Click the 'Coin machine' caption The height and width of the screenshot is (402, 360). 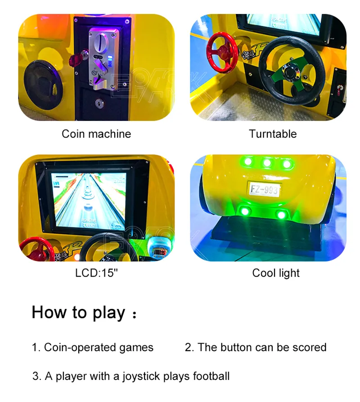click(x=96, y=134)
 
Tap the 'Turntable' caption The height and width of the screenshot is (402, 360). click(x=273, y=134)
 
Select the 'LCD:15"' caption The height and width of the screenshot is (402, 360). click(x=96, y=273)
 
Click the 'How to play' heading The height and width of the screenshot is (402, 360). click(x=78, y=312)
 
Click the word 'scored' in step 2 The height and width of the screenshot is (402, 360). click(x=310, y=348)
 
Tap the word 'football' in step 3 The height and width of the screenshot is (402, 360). click(x=211, y=376)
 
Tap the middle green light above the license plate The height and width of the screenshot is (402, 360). click(x=267, y=163)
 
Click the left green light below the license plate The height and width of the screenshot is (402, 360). click(x=245, y=210)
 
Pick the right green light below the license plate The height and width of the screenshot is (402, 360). click(x=282, y=214)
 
